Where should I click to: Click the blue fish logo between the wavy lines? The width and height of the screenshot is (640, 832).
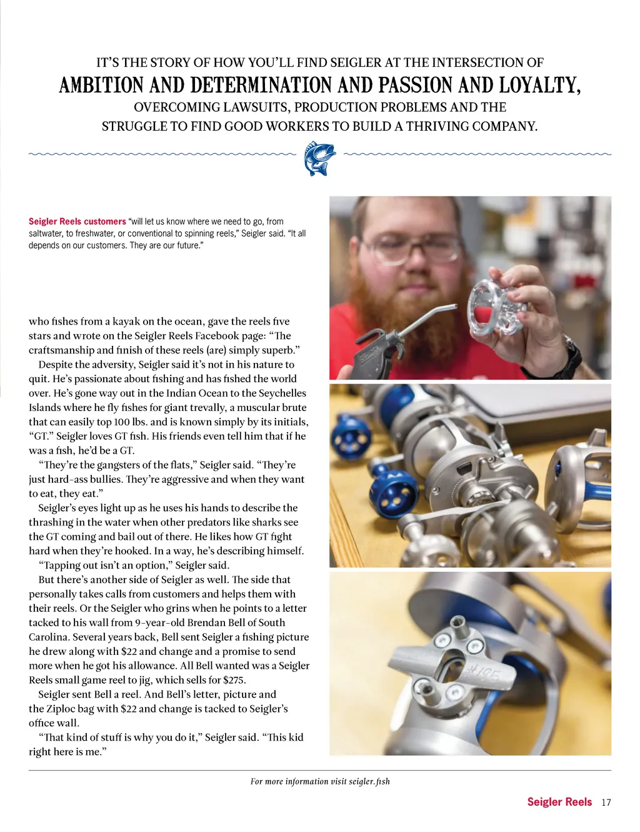coord(319,158)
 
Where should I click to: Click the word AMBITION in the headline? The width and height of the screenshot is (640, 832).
coord(101,85)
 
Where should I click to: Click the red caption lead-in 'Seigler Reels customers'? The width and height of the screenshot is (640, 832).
coord(77,221)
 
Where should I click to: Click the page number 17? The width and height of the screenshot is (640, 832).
coord(606,803)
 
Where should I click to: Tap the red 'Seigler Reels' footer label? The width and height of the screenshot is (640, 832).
coord(559,802)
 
